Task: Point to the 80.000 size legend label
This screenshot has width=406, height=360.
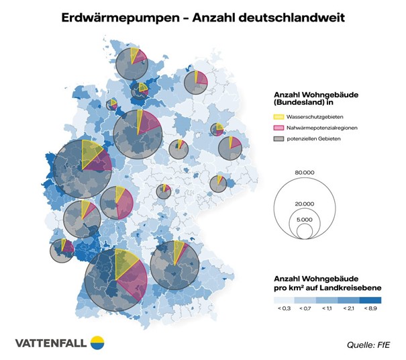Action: pyautogui.click(x=305, y=172)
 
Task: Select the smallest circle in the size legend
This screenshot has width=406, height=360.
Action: pyautogui.click(x=305, y=232)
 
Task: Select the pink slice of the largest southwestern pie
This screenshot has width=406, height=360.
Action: pyautogui.click(x=132, y=282)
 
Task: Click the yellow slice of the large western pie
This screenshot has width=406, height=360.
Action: pyautogui.click(x=88, y=152)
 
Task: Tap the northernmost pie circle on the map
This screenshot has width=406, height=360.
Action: pyautogui.click(x=131, y=65)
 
